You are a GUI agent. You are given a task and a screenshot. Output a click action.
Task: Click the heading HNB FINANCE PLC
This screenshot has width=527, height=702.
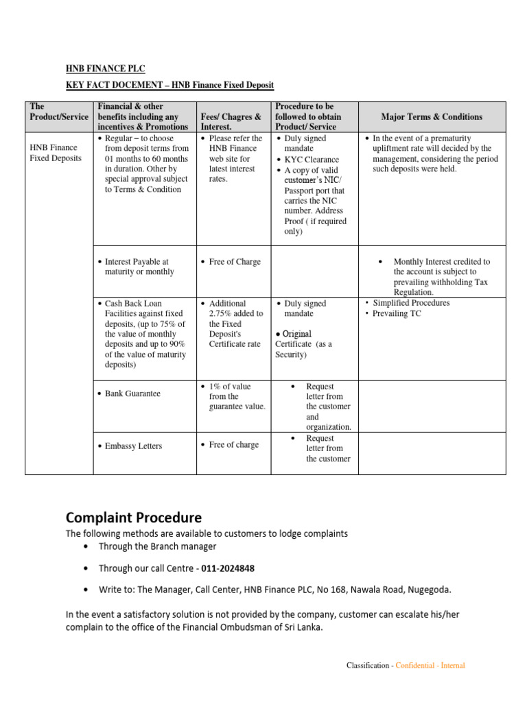point(105,69)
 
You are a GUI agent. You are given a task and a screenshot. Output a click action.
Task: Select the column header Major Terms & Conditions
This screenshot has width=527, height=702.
point(432,117)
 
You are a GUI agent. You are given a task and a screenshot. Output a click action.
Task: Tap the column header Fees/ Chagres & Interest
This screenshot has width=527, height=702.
point(230,122)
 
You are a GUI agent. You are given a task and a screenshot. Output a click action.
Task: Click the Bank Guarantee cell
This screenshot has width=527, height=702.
point(132,394)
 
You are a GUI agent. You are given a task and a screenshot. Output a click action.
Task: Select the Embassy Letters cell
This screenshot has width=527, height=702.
point(133,446)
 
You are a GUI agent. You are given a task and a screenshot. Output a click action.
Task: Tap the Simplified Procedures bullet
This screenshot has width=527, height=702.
point(411,302)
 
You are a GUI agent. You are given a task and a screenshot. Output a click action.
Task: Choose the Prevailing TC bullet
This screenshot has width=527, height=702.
point(397,313)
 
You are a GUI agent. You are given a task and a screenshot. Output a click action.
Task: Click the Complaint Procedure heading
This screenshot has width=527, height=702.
point(134,517)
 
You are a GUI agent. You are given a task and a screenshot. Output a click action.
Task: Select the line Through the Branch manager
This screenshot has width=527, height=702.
point(157,546)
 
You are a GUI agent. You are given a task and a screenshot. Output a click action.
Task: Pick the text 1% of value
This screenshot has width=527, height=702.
point(230,386)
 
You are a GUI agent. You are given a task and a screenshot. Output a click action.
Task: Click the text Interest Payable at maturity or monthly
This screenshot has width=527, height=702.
point(139,267)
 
